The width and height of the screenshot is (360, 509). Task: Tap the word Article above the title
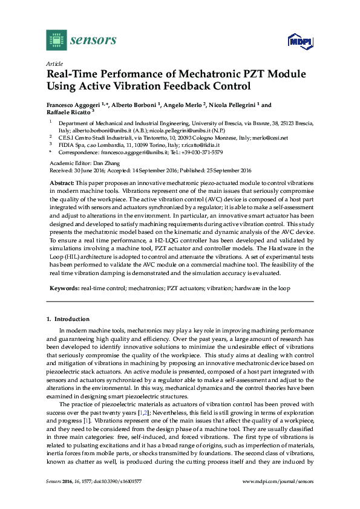(53, 63)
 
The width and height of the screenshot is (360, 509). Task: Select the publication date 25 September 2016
(218, 170)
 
